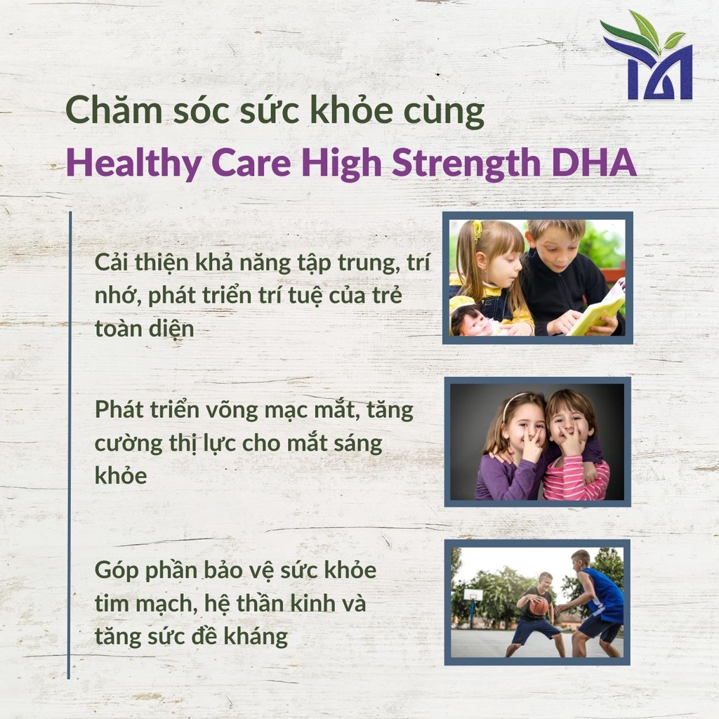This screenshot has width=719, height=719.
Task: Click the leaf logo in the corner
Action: (648, 56)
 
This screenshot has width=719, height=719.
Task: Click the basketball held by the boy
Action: (539, 605)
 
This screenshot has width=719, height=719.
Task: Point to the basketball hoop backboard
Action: (473, 595)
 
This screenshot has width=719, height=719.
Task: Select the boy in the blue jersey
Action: (593, 604)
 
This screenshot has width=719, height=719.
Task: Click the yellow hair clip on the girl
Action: (477, 230)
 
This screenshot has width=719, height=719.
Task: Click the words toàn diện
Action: (144, 328)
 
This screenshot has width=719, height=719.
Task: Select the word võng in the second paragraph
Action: (223, 409)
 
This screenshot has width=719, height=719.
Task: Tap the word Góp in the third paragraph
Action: (115, 570)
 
